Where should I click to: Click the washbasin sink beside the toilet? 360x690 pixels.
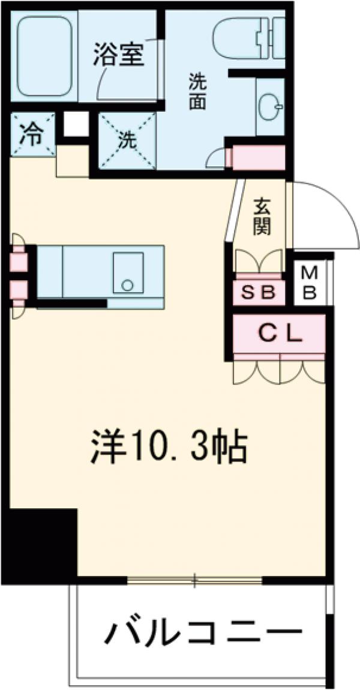269,107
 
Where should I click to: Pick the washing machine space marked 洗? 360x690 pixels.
127,142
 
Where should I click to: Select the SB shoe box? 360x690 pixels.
258,293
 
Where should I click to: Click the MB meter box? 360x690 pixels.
309,284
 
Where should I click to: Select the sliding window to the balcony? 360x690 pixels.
194,580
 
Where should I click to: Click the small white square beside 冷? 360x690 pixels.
76,124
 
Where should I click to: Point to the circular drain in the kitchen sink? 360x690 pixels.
127,285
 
